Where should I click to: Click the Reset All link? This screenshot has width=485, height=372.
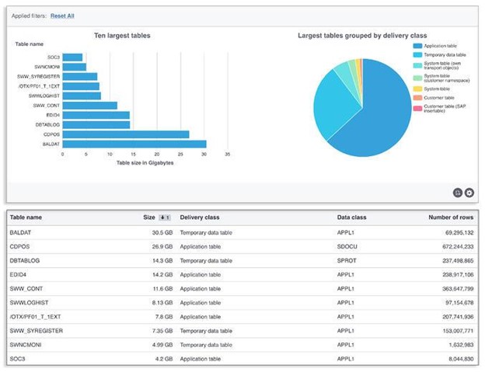click(x=64, y=16)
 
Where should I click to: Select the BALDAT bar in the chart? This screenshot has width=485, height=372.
click(x=134, y=144)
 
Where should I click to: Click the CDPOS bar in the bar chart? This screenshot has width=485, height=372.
click(x=125, y=134)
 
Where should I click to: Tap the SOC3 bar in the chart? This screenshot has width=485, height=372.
click(x=72, y=57)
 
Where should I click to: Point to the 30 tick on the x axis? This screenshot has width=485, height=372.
click(x=204, y=154)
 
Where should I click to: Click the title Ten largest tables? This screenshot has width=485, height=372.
click(x=122, y=36)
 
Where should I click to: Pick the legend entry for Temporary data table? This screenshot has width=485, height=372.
click(x=445, y=55)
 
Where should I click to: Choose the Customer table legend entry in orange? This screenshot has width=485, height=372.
click(x=439, y=98)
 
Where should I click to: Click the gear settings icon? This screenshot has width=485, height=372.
click(x=469, y=193)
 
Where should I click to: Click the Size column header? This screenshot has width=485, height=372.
click(x=150, y=217)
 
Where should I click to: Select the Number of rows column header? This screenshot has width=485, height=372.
click(x=451, y=217)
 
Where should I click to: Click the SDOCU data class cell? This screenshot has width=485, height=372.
click(x=347, y=246)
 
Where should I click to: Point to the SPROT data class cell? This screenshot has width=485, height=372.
click(x=347, y=260)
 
